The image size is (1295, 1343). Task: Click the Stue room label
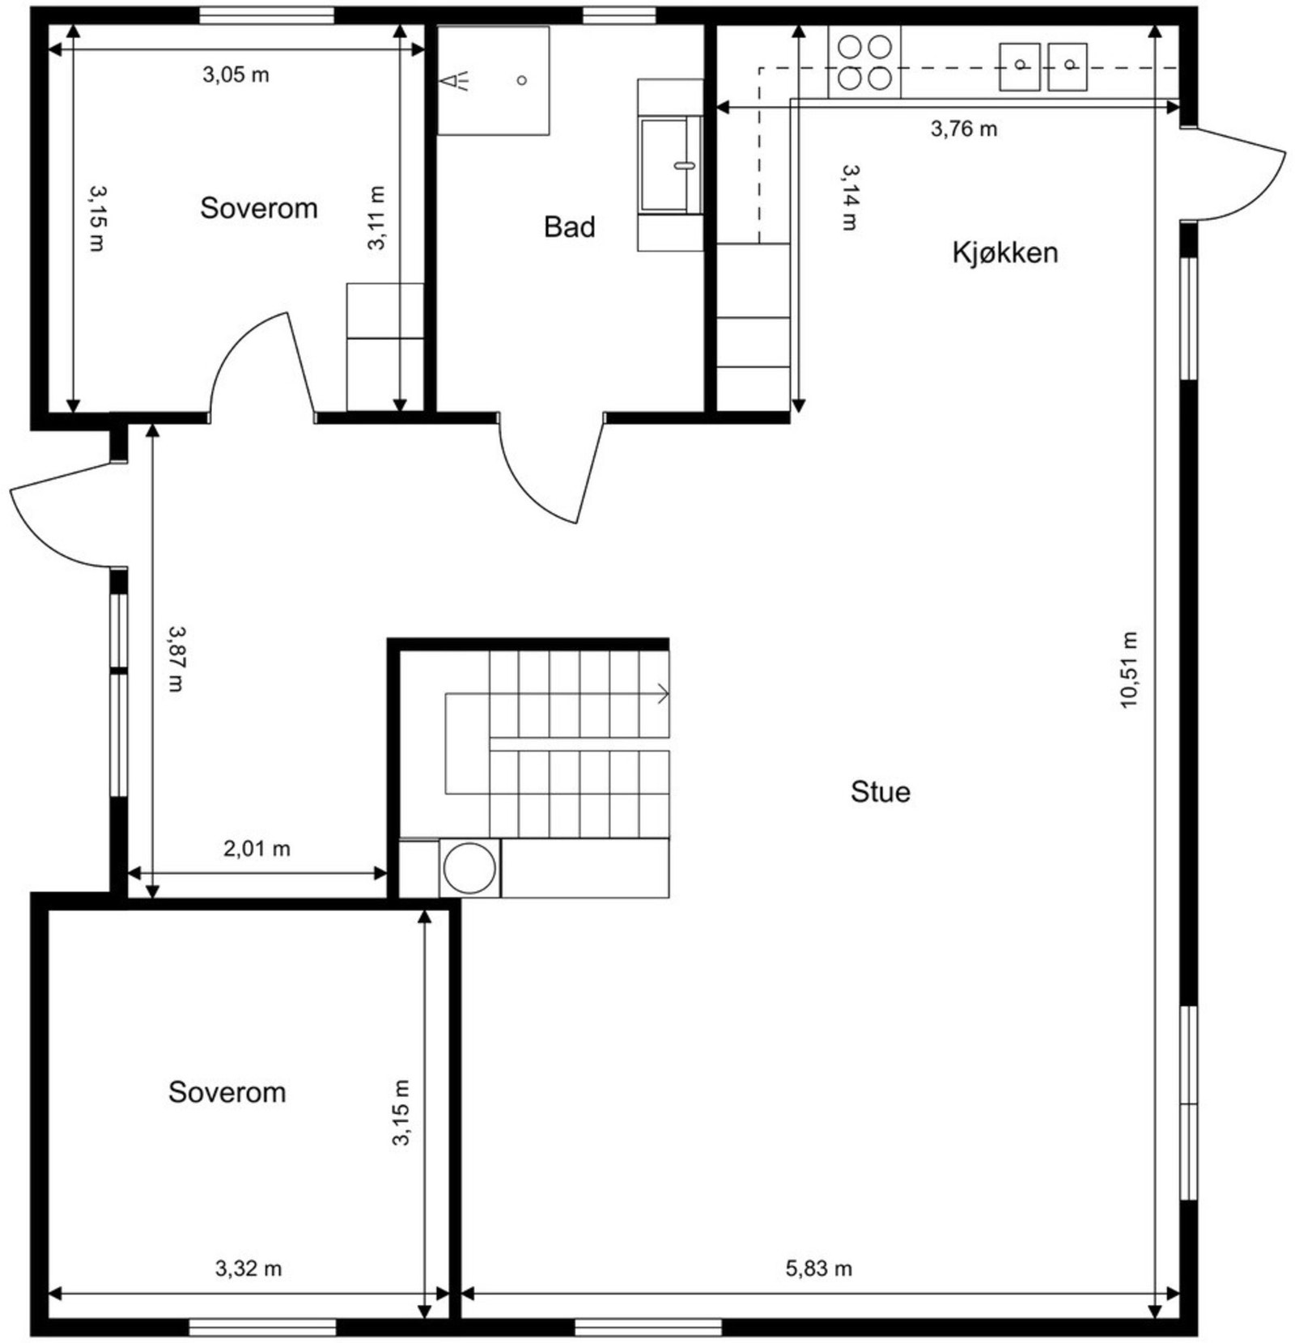(880, 791)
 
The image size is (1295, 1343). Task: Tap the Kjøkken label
(1004, 252)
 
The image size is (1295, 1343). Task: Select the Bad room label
(569, 227)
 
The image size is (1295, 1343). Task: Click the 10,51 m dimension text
(1129, 670)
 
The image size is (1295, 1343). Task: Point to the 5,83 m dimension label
(818, 1268)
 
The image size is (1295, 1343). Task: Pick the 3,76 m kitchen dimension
(963, 128)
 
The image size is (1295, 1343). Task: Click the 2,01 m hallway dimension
(257, 848)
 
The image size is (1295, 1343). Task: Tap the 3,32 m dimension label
(248, 1268)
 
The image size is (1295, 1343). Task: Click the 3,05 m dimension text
(236, 74)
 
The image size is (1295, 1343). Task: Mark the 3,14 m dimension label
(850, 197)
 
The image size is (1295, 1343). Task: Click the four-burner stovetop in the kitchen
(864, 62)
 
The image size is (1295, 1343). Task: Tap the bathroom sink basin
(670, 165)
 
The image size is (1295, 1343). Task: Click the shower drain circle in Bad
(522, 80)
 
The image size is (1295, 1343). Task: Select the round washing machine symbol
(469, 868)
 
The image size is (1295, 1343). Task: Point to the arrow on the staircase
(661, 693)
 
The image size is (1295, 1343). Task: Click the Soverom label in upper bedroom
(258, 208)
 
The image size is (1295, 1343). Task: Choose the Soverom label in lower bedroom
(227, 1091)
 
